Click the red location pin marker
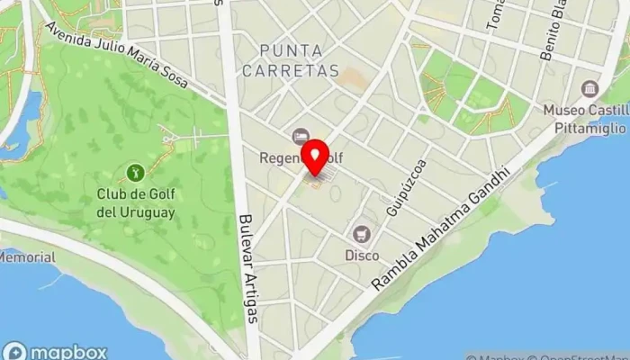[314, 157]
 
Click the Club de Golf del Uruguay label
[135, 202]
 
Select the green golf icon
[134, 171]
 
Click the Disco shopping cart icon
[362, 235]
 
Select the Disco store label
[362, 256]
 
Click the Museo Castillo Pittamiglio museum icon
[590, 89]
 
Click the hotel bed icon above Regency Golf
[300, 137]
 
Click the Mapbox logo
[54, 351]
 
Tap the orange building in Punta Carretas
[353, 79]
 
